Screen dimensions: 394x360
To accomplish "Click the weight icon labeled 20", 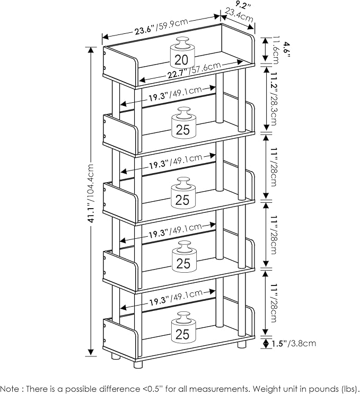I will point(182,55).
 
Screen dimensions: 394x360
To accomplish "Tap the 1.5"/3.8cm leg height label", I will point(294,343).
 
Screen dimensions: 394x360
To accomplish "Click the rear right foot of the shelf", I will point(242,344).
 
